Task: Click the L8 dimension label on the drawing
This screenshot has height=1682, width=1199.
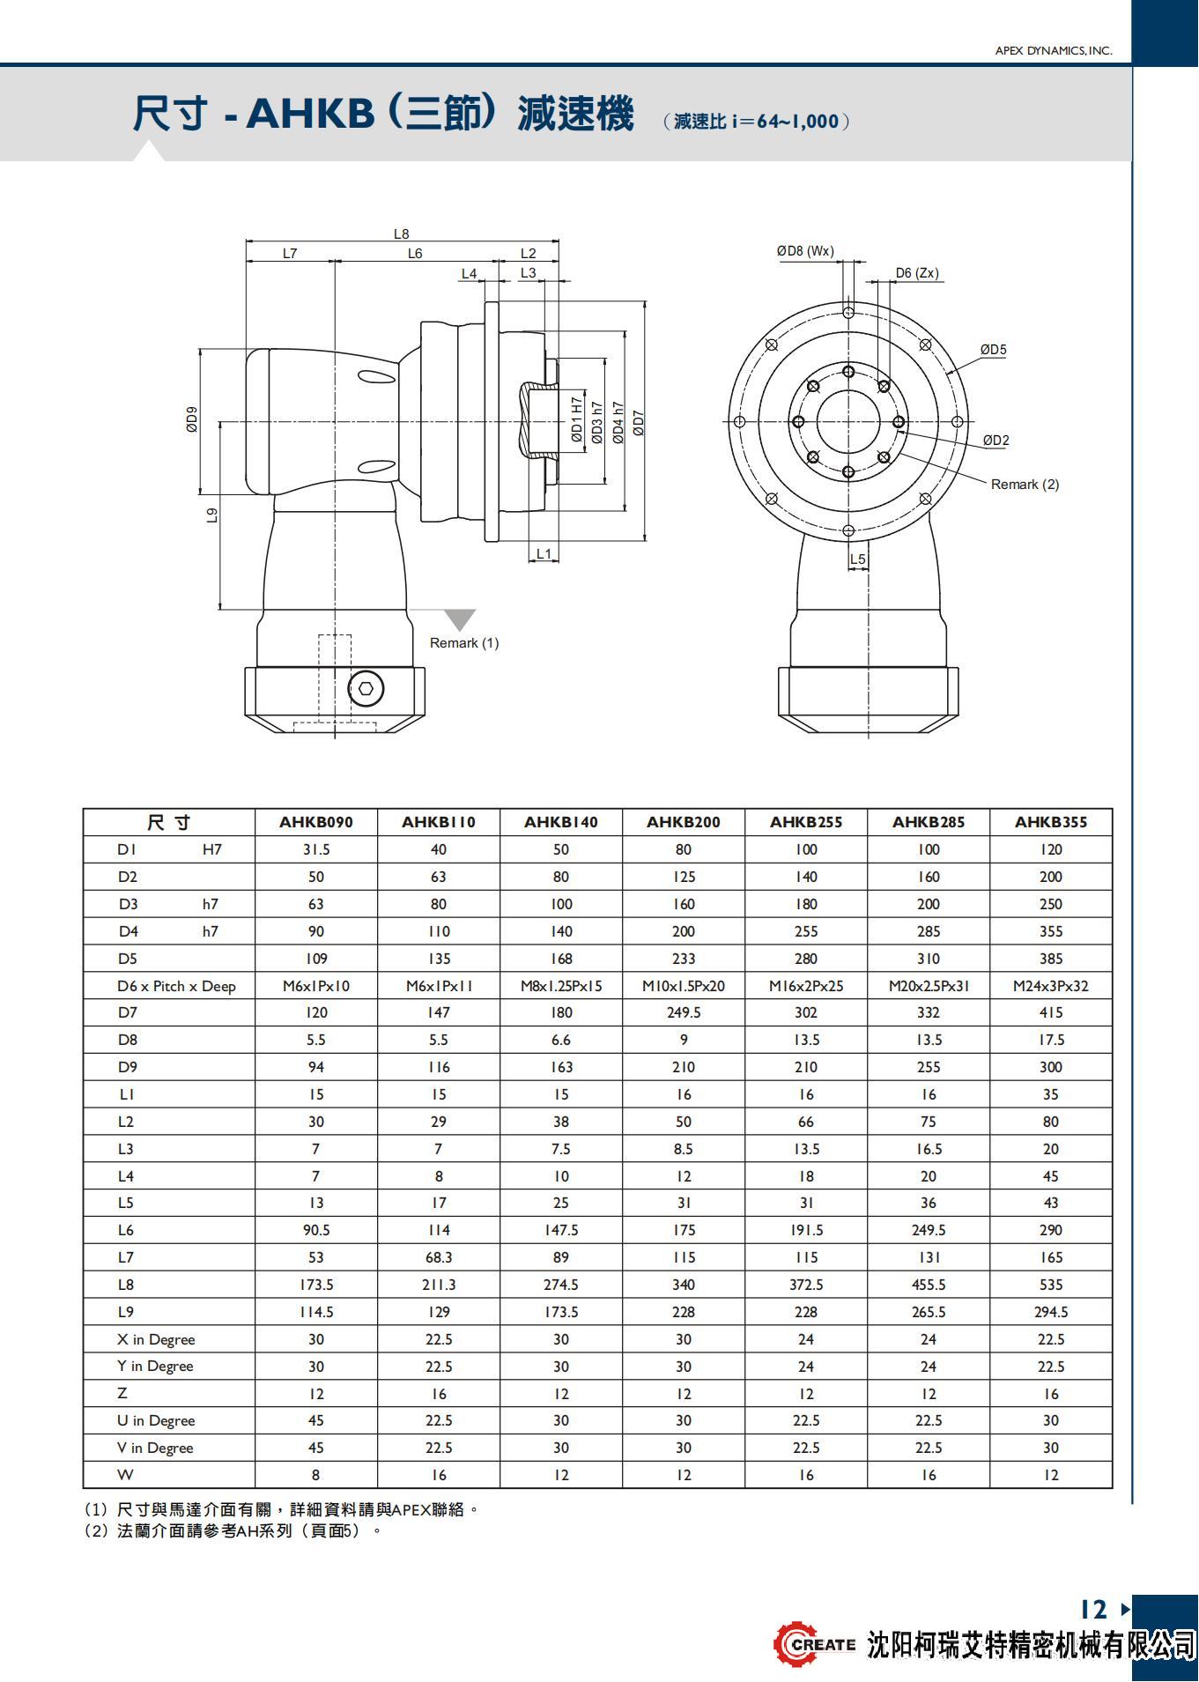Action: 401,233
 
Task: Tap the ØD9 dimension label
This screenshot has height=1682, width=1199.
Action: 192,419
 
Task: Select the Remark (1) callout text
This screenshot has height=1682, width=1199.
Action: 463,643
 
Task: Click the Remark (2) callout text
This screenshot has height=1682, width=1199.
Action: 1025,485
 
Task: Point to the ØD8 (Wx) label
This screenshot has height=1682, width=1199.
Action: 805,251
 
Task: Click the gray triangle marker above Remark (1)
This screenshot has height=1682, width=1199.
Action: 459,619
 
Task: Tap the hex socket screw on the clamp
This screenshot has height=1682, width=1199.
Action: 366,688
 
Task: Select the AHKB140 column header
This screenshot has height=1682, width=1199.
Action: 560,822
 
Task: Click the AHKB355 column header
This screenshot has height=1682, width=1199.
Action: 1050,822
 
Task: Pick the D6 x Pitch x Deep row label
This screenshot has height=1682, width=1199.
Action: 176,986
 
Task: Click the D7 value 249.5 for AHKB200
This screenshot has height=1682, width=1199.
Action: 683,1013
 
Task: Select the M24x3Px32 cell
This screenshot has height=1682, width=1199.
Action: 1050,986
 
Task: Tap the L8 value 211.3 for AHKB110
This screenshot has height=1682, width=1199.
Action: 438,1285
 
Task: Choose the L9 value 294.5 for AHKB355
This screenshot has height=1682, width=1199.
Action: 1050,1312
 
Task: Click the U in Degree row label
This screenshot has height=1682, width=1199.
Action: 156,1421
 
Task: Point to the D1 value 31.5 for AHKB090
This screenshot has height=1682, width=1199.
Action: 315,849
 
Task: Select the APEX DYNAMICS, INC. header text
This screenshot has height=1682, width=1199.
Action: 1053,51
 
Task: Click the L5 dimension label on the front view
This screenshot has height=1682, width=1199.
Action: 857,559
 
